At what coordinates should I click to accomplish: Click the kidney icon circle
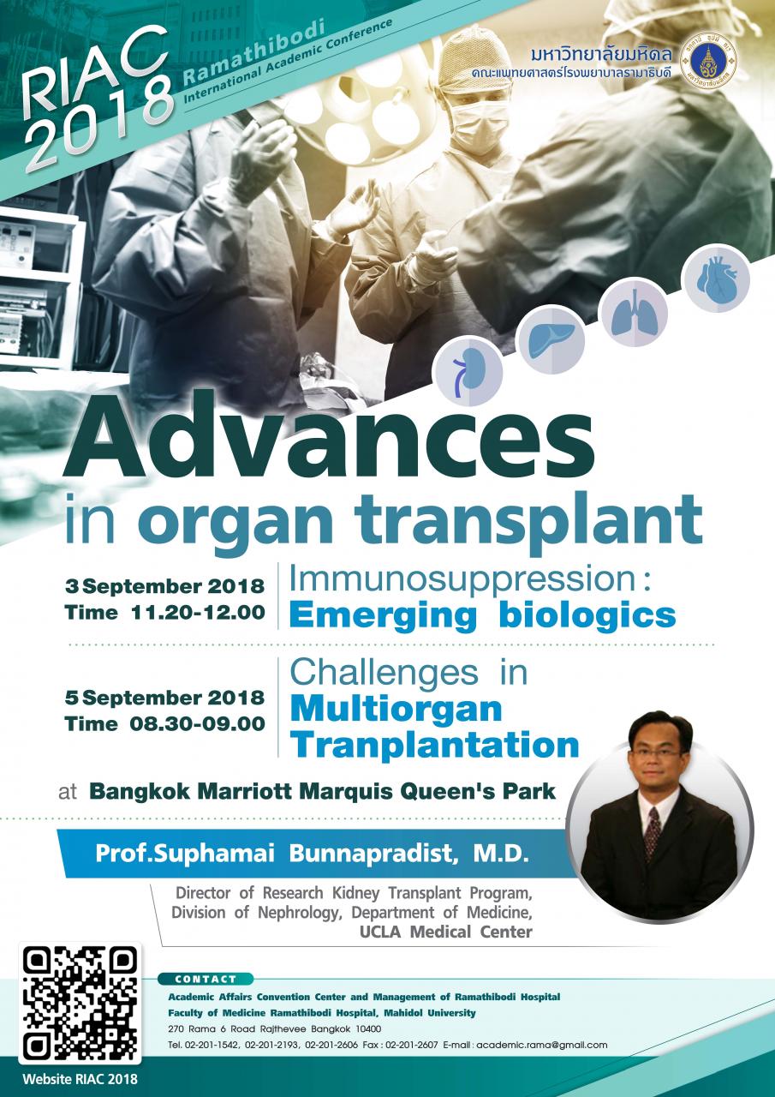tap(468, 372)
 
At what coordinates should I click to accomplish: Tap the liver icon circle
tap(551, 339)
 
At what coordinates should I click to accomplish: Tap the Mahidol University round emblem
tap(708, 63)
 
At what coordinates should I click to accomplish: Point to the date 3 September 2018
tap(165, 587)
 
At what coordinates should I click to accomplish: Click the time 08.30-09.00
tap(197, 724)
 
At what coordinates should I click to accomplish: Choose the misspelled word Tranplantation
tap(435, 746)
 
